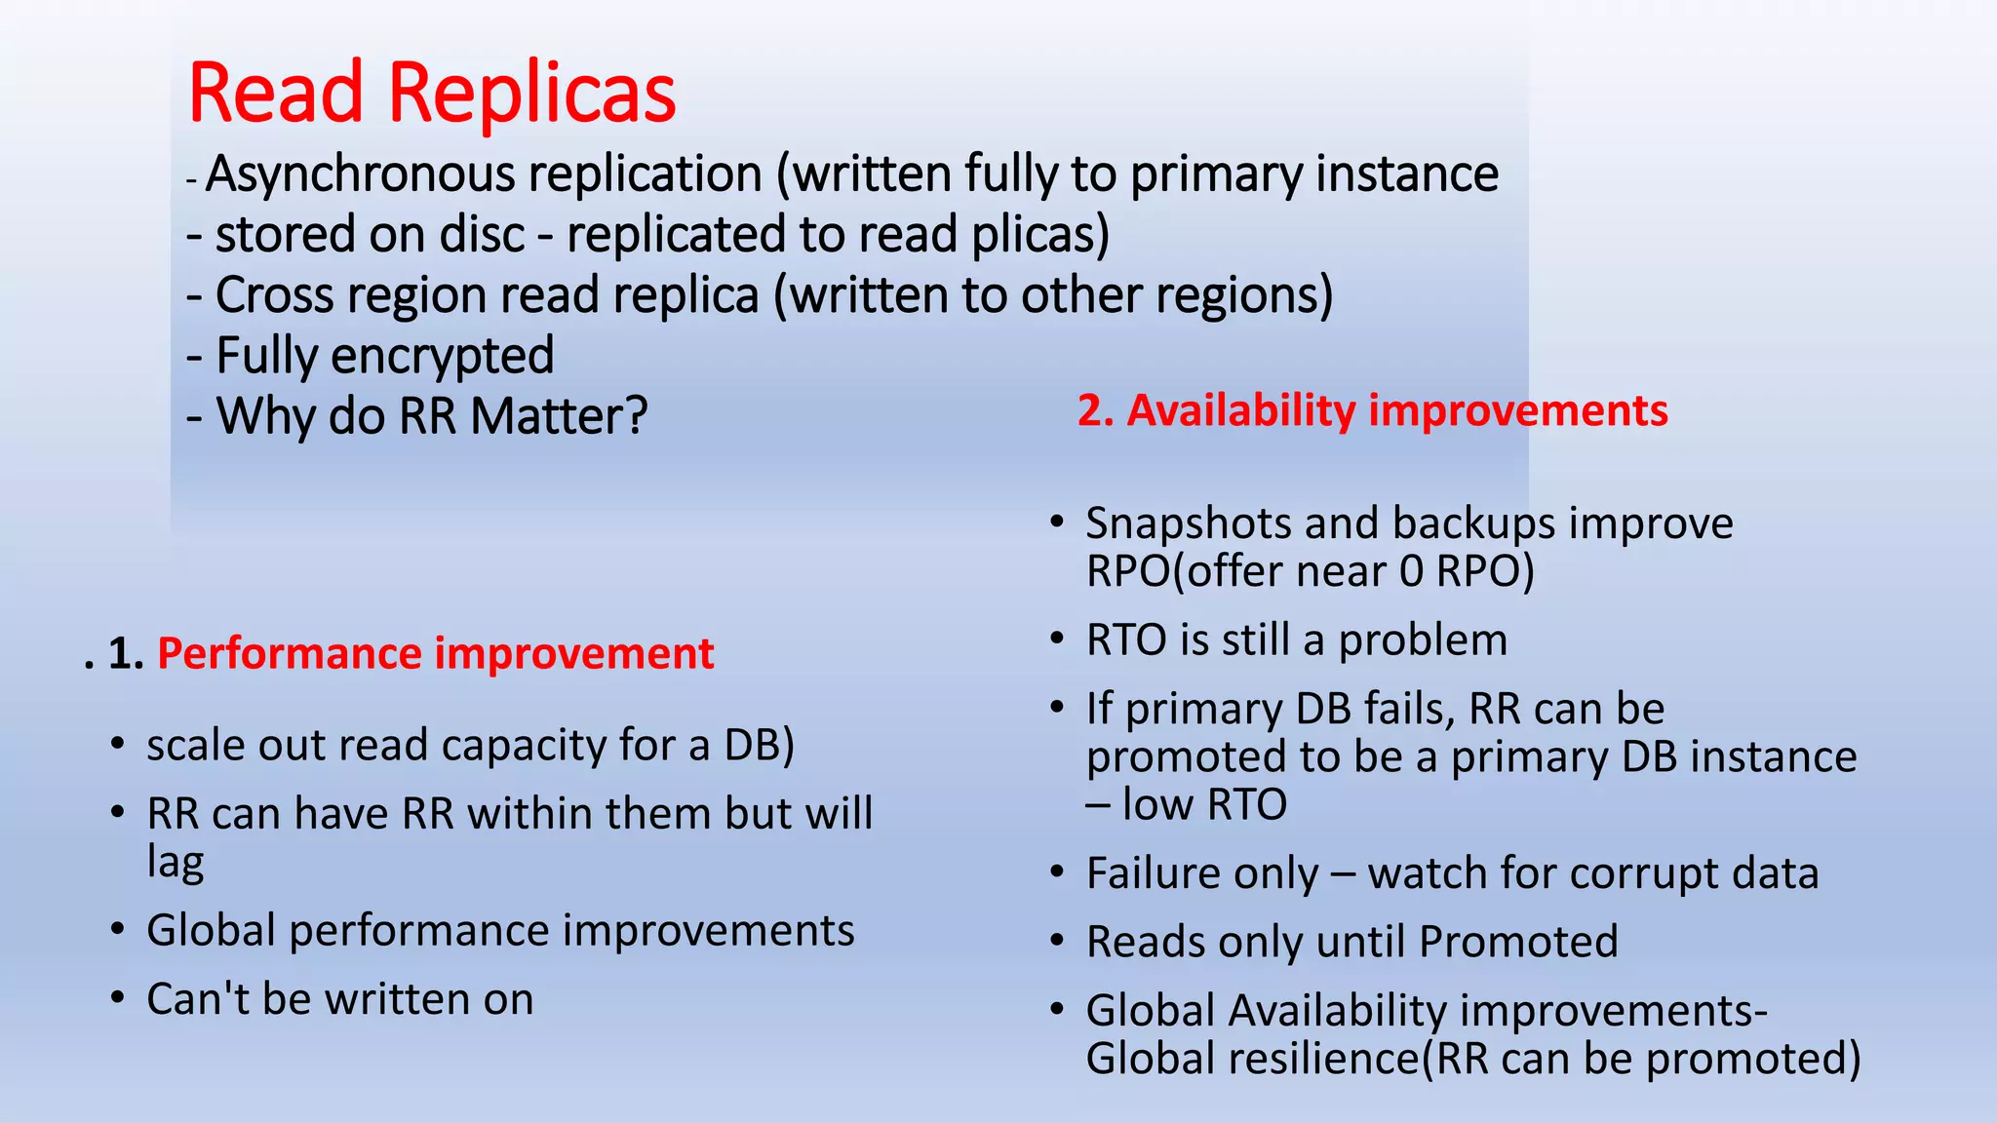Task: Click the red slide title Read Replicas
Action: tap(431, 93)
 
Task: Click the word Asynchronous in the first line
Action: tap(361, 174)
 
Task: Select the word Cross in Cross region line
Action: tap(268, 295)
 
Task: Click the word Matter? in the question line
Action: tap(559, 416)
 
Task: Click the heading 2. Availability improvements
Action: tap(1372, 410)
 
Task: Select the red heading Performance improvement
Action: tap(435, 653)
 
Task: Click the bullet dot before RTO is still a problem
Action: tap(1057, 639)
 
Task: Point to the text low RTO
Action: tap(1204, 804)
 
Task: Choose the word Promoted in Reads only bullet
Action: tap(1518, 942)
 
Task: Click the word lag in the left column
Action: tap(176, 863)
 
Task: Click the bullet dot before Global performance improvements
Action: tap(118, 930)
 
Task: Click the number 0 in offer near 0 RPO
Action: tap(1411, 571)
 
